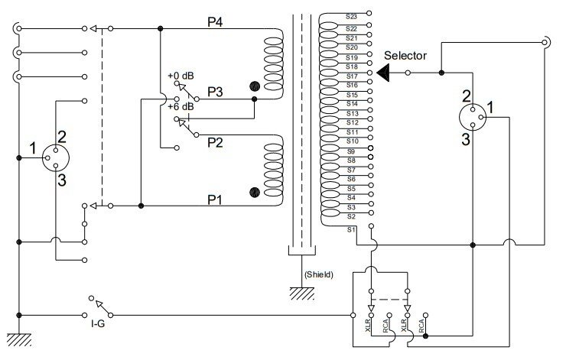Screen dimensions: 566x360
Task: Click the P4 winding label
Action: [215, 22]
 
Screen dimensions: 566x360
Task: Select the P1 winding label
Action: [215, 199]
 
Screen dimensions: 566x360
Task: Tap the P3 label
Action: [215, 92]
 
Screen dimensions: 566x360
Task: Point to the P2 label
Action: [215, 142]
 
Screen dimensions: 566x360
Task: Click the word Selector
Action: [405, 56]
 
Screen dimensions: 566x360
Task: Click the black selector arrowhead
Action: [383, 73]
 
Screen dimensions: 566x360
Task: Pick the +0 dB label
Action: [181, 76]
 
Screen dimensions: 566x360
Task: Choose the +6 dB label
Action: [181, 107]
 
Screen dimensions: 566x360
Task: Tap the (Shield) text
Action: [319, 274]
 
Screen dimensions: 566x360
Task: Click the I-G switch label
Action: [98, 323]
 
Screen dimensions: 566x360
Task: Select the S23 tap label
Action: [351, 16]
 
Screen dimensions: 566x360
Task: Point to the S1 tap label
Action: [351, 229]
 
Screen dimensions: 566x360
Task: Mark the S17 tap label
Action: [352, 76]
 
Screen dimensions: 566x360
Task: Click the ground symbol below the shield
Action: [302, 294]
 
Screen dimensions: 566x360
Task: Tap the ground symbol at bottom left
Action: [19, 339]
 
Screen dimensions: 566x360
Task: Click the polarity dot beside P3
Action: [255, 86]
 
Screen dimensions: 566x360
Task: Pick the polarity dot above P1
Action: [255, 193]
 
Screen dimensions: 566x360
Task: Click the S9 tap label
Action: [351, 151]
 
